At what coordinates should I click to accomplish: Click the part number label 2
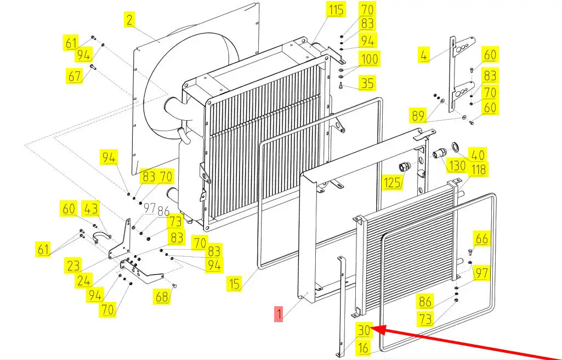click(x=129, y=20)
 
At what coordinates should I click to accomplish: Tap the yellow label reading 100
click(x=367, y=59)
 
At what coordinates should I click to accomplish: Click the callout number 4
click(x=423, y=55)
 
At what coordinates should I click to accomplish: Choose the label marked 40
click(x=478, y=155)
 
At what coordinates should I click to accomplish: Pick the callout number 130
click(x=457, y=166)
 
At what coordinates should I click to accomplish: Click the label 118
click(x=479, y=170)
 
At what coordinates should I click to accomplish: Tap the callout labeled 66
click(x=481, y=239)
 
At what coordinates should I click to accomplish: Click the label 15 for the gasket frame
click(x=235, y=284)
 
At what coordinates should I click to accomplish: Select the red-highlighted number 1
click(x=279, y=315)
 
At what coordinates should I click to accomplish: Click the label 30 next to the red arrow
click(x=364, y=330)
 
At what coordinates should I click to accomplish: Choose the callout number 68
click(x=162, y=297)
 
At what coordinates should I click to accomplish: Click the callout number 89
click(x=418, y=115)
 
